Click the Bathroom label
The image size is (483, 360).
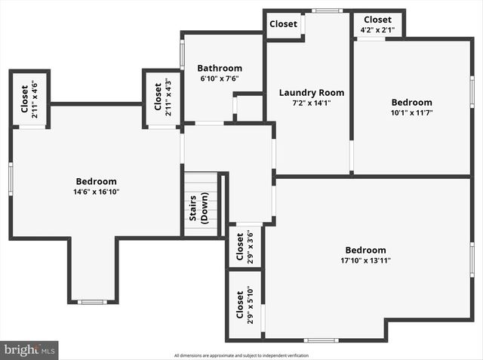220,68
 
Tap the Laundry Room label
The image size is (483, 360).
306,93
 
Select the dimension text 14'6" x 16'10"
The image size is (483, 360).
97,192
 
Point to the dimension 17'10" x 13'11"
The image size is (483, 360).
365,260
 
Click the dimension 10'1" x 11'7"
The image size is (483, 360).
411,112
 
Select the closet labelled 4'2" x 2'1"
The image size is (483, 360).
377,24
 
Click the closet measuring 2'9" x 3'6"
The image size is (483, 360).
245,246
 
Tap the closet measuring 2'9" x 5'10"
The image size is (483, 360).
245,305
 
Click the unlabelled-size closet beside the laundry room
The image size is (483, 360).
284,24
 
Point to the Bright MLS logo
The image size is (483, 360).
29,350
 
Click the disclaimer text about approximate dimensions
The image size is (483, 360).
241,355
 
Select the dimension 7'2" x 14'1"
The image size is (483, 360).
306,103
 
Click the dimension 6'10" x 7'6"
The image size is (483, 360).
220,78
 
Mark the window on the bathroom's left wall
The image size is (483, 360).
182,54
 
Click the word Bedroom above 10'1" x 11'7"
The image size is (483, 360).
411,103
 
